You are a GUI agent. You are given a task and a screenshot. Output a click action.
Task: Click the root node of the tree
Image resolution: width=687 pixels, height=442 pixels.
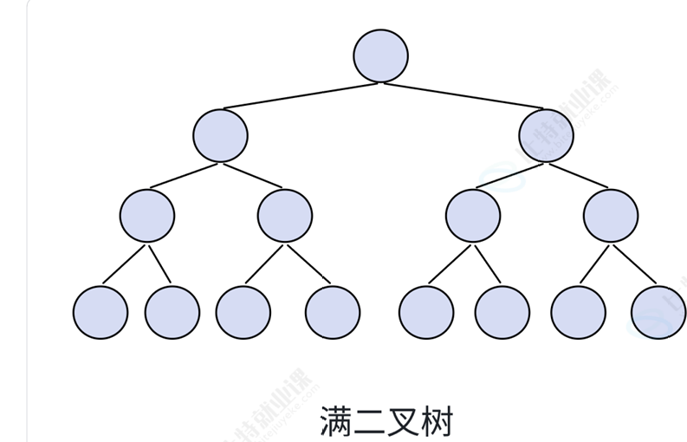pos(380,55)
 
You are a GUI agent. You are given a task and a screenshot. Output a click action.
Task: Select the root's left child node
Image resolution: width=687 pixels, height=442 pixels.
pos(220,135)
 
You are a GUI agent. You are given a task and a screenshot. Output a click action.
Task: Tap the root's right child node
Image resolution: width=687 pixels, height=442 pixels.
pos(547,135)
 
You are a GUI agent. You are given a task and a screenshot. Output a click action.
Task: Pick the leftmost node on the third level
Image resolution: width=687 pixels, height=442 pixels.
pos(147,215)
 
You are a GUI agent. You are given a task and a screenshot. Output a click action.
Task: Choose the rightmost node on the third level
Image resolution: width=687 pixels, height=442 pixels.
pos(611,215)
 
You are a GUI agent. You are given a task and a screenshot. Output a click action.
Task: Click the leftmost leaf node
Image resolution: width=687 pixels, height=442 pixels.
pos(100,311)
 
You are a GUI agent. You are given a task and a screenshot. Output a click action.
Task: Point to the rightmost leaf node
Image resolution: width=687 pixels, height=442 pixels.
pos(658,311)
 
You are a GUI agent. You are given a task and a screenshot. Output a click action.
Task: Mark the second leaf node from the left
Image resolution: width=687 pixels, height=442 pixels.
pos(172,311)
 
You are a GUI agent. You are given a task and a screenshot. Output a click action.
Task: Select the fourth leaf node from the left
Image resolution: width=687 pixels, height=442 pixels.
pos(333,311)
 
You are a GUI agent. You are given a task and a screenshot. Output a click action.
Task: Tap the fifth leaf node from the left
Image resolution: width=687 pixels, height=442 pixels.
pos(426,311)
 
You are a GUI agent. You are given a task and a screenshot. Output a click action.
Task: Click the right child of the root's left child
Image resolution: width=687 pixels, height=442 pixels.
pos(285,215)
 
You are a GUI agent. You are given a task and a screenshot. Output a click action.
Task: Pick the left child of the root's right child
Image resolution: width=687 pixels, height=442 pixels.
pos(473,215)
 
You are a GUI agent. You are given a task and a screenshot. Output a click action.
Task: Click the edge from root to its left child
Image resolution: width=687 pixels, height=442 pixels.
pos(299,95)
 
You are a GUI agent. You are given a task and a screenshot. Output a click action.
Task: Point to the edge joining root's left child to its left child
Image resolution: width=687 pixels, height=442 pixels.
pos(184,174)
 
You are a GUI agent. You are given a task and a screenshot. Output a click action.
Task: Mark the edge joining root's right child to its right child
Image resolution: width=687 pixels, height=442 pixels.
pos(579,174)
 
